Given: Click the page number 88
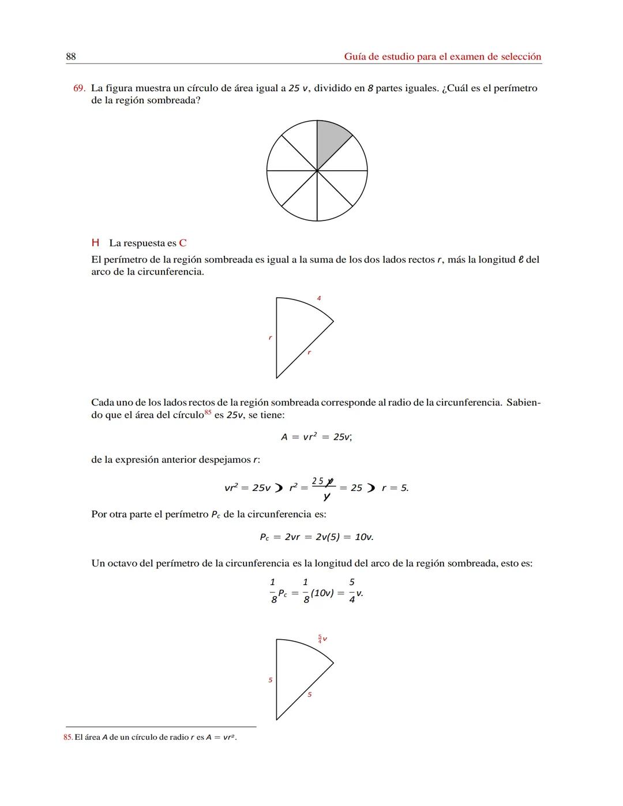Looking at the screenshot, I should (71, 57).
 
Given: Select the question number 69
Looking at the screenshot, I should (79, 88).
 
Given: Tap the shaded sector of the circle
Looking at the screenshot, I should (330, 142).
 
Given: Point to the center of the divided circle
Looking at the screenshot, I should (317, 171).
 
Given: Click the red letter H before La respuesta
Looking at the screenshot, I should (95, 243).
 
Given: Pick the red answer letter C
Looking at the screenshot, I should (183, 243).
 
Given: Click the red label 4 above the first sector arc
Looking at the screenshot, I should (319, 298).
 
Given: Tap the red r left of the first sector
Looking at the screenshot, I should (269, 338).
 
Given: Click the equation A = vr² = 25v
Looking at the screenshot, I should (316, 437).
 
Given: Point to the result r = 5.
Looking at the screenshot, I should (395, 488).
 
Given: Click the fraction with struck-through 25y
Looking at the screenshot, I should (323, 488).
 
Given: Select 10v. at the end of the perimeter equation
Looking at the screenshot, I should (364, 537).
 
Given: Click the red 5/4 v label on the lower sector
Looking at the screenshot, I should (322, 639).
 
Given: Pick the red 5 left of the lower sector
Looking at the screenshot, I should (270, 680).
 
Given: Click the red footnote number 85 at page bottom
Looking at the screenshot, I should (67, 737).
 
